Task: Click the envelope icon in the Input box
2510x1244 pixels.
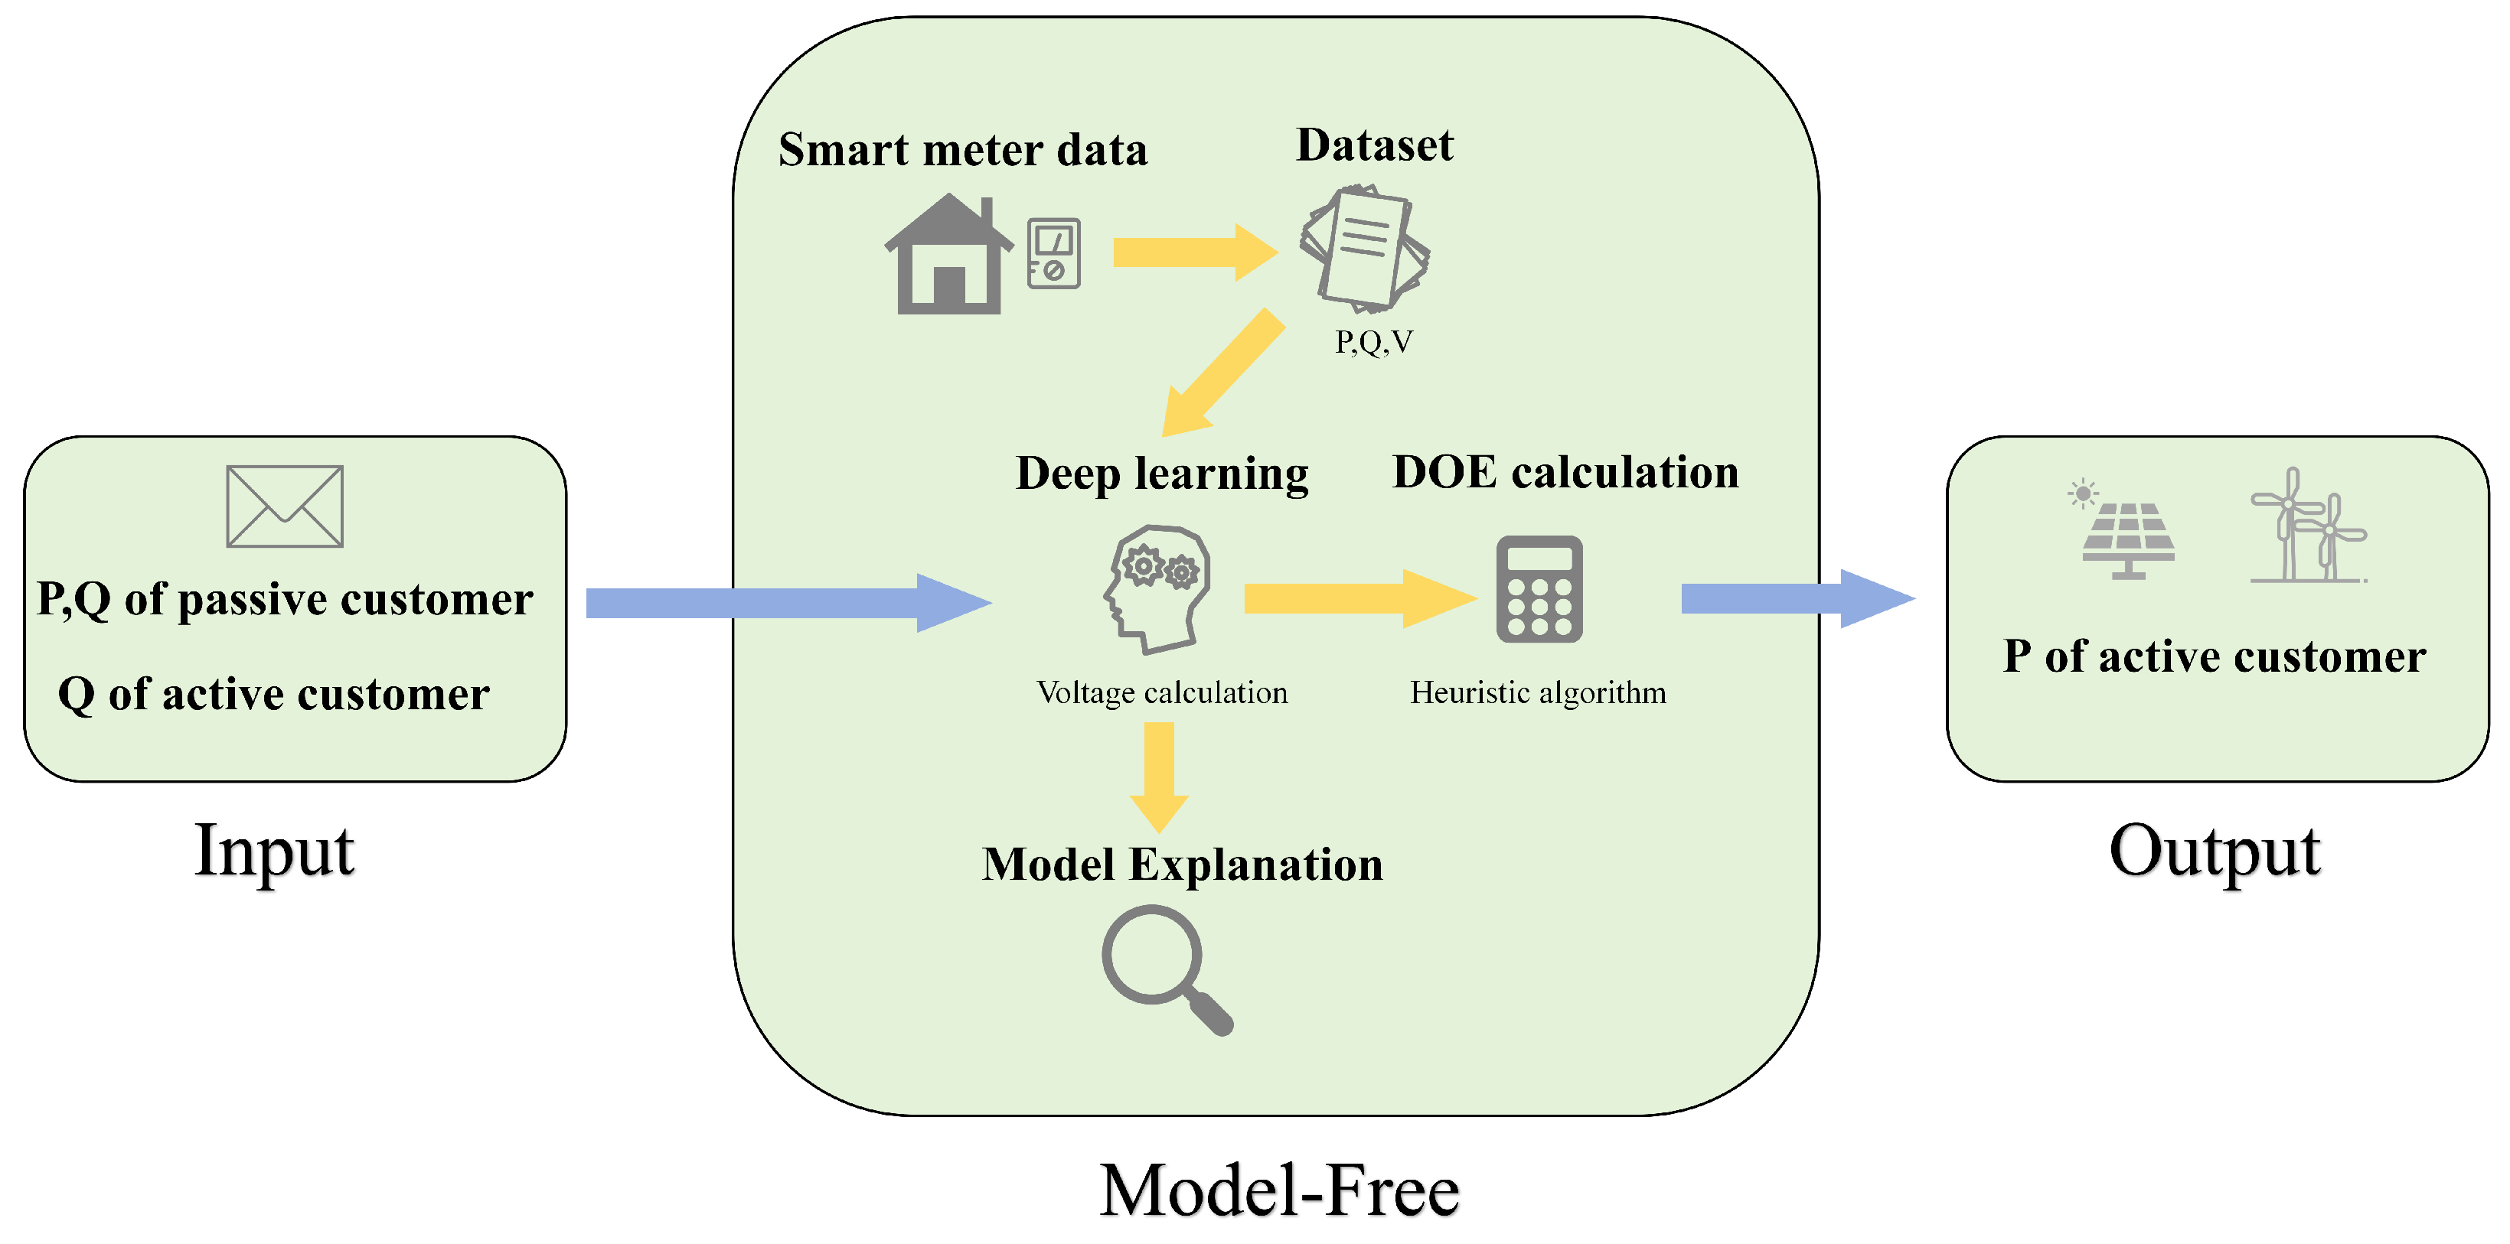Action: (285, 506)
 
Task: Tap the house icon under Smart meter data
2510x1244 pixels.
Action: (948, 256)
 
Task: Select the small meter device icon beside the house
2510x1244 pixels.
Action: (1053, 253)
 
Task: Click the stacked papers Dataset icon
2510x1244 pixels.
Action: (1364, 249)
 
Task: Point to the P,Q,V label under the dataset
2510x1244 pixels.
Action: (1373, 342)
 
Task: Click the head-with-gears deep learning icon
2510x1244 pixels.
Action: (1157, 588)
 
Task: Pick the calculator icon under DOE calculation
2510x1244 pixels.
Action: (1539, 589)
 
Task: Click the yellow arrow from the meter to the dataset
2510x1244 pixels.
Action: (1193, 252)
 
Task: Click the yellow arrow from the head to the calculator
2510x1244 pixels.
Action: (1359, 598)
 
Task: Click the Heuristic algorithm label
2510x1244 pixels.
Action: (1538, 692)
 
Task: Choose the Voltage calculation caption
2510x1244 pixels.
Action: (1161, 692)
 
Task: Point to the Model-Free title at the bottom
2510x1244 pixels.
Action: (1278, 1190)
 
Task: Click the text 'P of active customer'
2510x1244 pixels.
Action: (2214, 656)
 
